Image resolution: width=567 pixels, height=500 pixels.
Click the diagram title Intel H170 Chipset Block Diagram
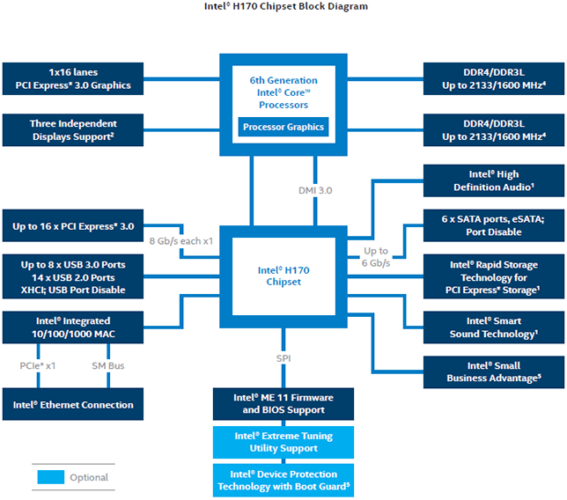tap(285, 6)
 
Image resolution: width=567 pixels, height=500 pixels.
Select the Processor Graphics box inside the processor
tap(283, 127)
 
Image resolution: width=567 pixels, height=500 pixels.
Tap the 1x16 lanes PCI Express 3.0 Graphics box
tap(73, 79)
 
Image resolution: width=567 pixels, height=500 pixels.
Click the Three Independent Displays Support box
tap(73, 130)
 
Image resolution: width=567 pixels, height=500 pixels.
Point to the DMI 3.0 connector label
tap(315, 190)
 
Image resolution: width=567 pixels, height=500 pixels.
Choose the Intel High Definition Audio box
tap(494, 180)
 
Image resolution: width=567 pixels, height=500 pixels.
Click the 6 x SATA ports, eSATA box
tap(494, 225)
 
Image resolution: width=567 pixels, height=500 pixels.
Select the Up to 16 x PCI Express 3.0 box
tap(73, 225)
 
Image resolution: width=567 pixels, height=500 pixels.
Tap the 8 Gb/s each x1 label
tap(181, 241)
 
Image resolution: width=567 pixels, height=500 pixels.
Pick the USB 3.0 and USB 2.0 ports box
tap(73, 276)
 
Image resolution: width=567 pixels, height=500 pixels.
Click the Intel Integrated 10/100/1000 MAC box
tap(73, 327)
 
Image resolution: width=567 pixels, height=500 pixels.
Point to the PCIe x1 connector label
tap(38, 366)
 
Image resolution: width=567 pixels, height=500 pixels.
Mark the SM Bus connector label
tap(108, 366)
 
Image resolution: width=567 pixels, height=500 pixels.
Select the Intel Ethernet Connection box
tap(73, 404)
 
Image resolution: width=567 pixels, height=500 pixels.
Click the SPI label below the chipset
tap(283, 358)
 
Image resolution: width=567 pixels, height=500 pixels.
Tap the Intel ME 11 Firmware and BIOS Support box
tap(283, 404)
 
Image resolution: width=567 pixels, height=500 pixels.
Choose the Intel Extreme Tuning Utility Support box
tap(283, 443)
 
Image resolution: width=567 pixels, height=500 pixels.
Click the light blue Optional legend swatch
tap(51, 477)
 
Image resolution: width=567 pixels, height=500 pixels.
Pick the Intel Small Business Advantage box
tap(494, 372)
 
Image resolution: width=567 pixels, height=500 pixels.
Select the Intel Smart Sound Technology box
tap(494, 327)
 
